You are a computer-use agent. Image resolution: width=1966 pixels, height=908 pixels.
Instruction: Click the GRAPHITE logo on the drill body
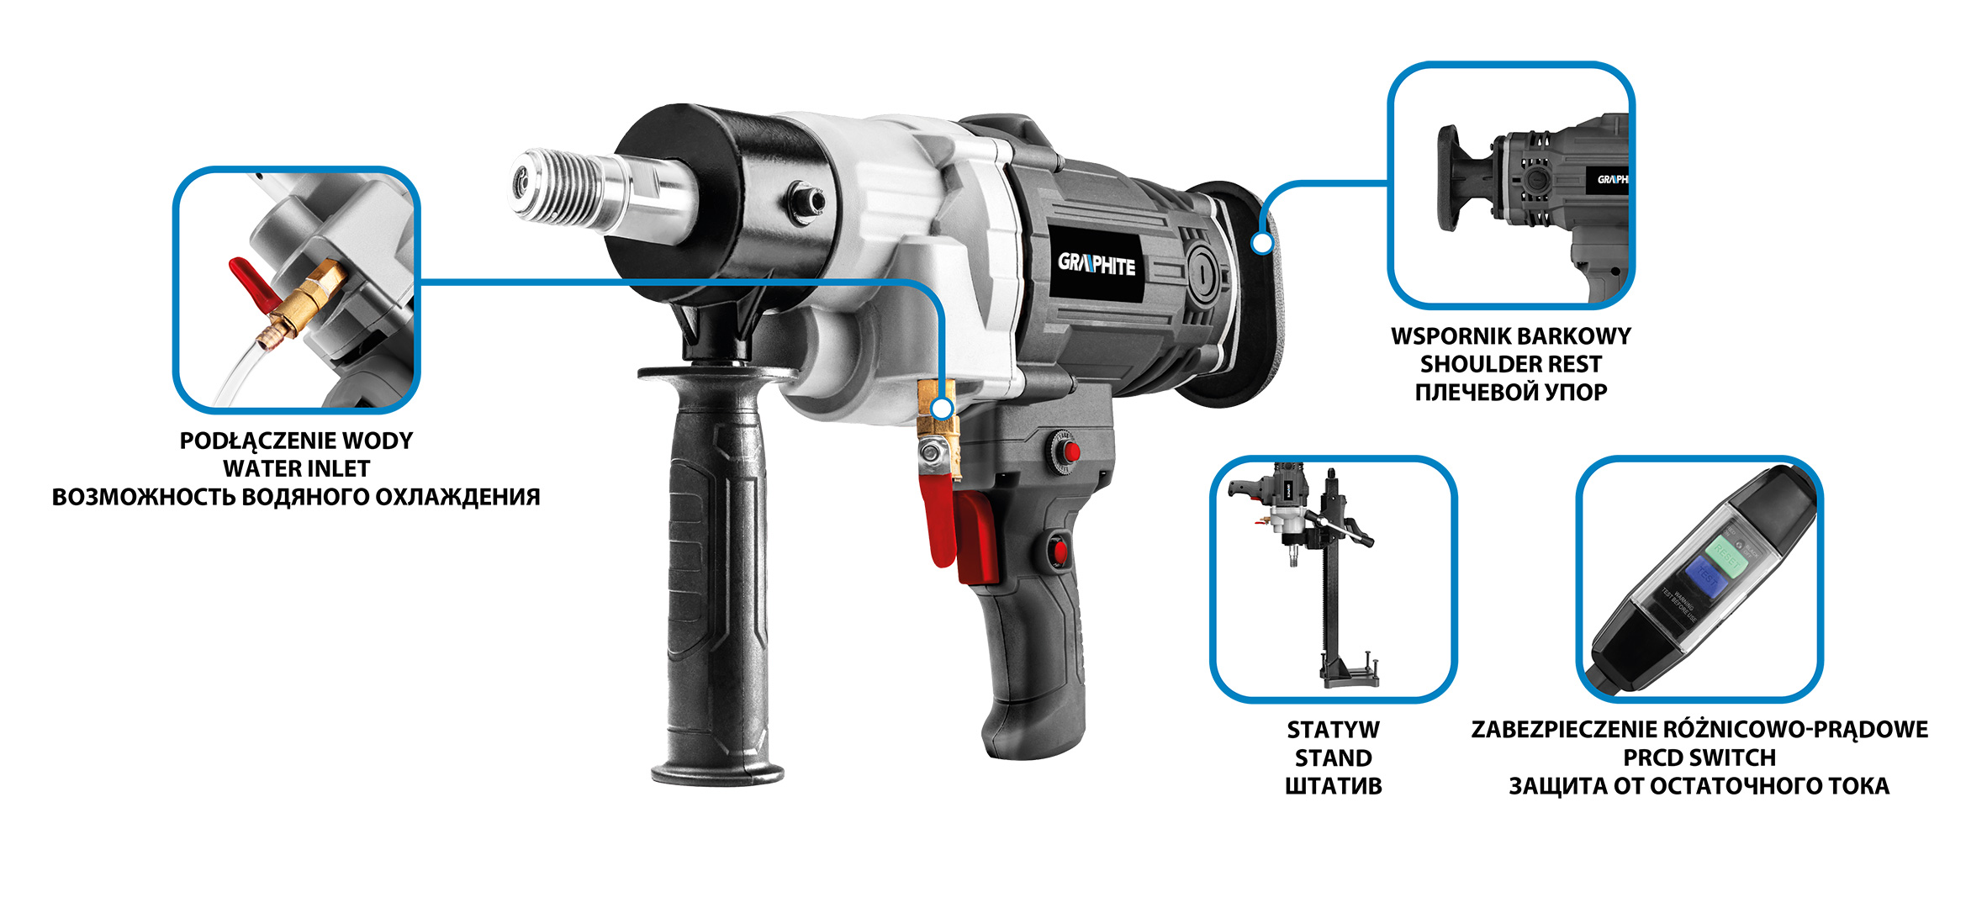[1097, 265]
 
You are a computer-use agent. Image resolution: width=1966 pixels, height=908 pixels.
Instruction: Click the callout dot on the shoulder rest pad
[1261, 243]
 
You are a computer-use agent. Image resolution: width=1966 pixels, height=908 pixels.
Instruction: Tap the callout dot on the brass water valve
[943, 409]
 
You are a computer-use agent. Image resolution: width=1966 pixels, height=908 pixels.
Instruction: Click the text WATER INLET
[296, 469]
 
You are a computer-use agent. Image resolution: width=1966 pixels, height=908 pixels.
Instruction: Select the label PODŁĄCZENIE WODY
[296, 441]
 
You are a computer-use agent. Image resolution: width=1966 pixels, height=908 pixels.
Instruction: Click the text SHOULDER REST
[1510, 364]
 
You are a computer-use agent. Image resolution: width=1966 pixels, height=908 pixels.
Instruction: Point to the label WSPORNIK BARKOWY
[1510, 336]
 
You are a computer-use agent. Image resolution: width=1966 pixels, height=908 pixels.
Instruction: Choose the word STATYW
[1333, 730]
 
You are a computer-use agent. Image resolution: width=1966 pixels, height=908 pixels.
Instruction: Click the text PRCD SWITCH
[1699, 758]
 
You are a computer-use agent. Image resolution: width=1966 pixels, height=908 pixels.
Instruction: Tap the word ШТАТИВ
[1333, 786]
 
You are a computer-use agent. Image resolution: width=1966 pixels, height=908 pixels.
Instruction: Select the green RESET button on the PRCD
[1726, 554]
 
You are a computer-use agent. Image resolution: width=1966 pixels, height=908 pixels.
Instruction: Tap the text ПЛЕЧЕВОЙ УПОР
[1510, 392]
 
